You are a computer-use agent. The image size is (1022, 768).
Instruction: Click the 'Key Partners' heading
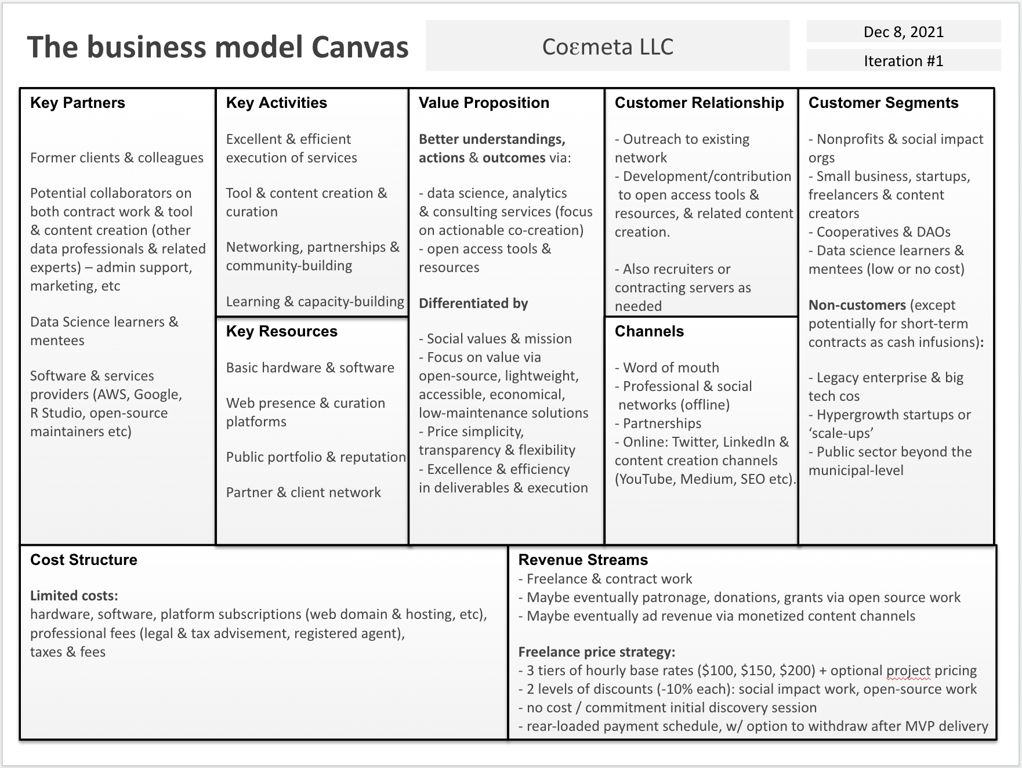pyautogui.click(x=78, y=103)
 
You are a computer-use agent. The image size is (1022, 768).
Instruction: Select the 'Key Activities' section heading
pyautogui.click(x=276, y=103)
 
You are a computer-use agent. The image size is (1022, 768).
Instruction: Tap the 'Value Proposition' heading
pyautogui.click(x=484, y=103)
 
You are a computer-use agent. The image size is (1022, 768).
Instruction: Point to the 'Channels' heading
pyautogui.click(x=649, y=331)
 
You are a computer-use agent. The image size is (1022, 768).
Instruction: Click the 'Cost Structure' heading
pyautogui.click(x=84, y=560)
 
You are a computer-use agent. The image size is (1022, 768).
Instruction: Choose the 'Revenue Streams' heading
pyautogui.click(x=583, y=560)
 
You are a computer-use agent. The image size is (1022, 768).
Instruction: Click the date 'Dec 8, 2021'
pyautogui.click(x=903, y=32)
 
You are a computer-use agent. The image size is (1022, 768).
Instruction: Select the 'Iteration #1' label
pyautogui.click(x=903, y=61)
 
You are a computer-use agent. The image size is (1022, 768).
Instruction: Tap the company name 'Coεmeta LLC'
pyautogui.click(x=607, y=46)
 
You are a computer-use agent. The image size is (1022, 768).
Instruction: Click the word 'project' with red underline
pyautogui.click(x=908, y=671)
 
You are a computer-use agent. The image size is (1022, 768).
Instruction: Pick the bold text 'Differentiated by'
pyautogui.click(x=473, y=303)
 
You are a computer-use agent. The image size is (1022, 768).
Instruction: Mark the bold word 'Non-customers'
pyautogui.click(x=857, y=305)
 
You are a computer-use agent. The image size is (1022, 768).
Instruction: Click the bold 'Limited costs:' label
pyautogui.click(x=74, y=596)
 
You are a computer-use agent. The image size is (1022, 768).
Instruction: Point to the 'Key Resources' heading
pyautogui.click(x=281, y=331)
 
